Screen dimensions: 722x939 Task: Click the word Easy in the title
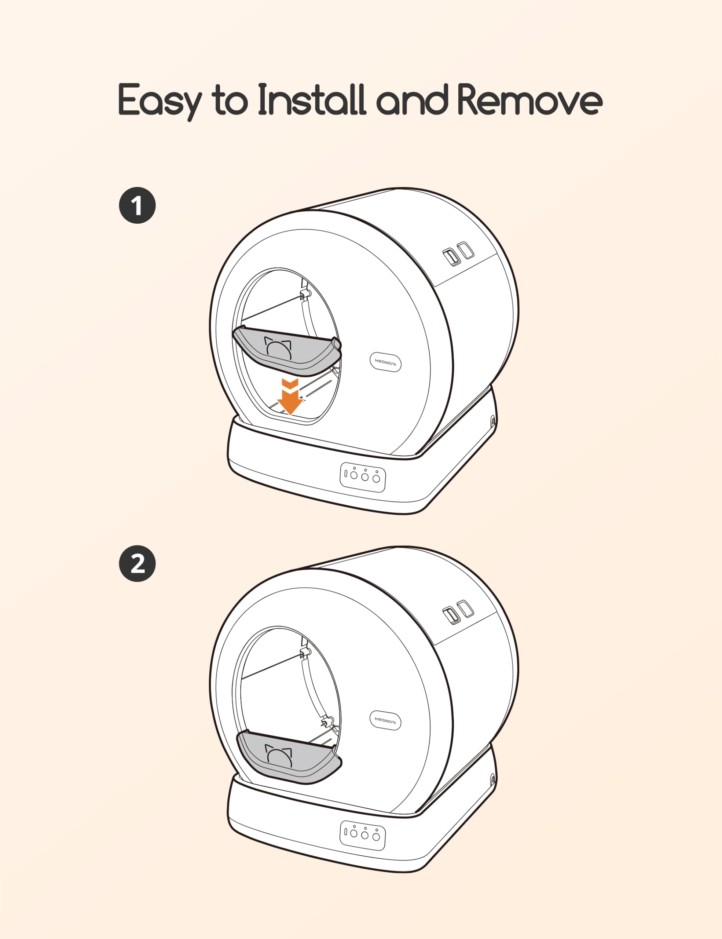160,102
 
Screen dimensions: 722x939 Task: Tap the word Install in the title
312,100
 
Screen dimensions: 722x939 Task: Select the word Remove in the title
529,100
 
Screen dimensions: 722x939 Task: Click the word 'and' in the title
412,100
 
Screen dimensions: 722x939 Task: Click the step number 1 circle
137,205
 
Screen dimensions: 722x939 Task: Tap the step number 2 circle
137,564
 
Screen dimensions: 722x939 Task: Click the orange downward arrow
290,397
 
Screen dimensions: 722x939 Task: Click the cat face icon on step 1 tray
278,347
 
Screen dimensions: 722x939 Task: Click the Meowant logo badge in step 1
385,362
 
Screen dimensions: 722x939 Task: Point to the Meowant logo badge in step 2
385,720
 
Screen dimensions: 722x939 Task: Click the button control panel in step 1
363,477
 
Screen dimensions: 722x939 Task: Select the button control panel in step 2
363,835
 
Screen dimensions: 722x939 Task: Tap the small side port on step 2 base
493,779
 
